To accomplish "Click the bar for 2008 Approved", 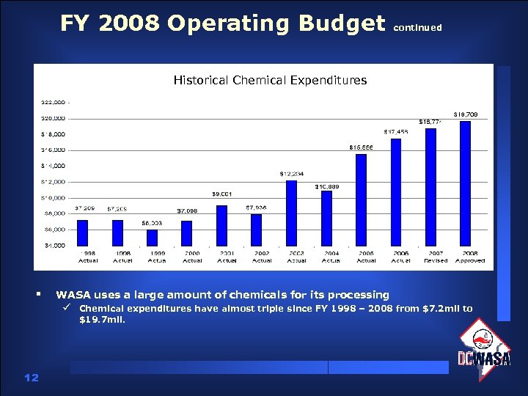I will [465, 183].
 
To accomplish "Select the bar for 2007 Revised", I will [430, 187].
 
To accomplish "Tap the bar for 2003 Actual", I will [291, 213].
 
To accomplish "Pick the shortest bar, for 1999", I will [152, 238].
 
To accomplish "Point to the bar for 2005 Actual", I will [361, 199].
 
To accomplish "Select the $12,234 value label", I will [291, 174].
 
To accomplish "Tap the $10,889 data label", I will [326, 186].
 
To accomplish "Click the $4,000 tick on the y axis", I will [54, 245].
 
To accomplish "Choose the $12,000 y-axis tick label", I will [54, 182].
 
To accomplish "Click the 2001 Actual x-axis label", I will [227, 257].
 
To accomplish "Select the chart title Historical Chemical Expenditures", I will [270, 80].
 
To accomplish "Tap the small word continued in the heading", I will [418, 28].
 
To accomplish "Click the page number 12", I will [31, 377].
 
